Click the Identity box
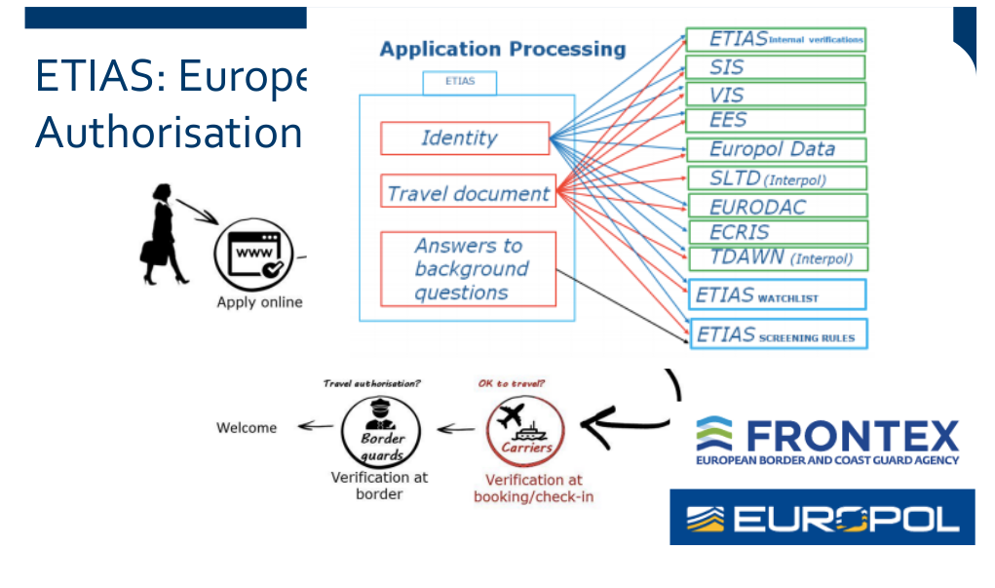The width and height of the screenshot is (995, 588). pos(465,138)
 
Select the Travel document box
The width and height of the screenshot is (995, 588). pos(468,193)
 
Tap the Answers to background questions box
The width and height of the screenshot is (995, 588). pos(468,269)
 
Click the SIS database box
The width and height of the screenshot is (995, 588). pos(775,67)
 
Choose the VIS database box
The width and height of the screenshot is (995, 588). pos(775,95)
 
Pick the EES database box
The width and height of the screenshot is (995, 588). pos(775,121)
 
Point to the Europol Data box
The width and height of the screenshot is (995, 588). pos(775,149)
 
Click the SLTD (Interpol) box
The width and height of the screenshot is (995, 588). pos(775,178)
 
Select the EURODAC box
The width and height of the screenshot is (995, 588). pos(775,207)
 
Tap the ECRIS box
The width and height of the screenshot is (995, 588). pos(775,233)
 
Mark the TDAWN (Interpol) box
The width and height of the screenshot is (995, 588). pos(775,258)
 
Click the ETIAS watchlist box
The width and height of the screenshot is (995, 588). pos(777,294)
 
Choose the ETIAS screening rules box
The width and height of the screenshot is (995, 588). pos(777,334)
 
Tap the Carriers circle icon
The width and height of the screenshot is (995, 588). pos(525,429)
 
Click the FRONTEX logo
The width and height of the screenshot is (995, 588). pos(826,441)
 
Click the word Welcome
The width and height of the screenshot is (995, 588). pos(247,428)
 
